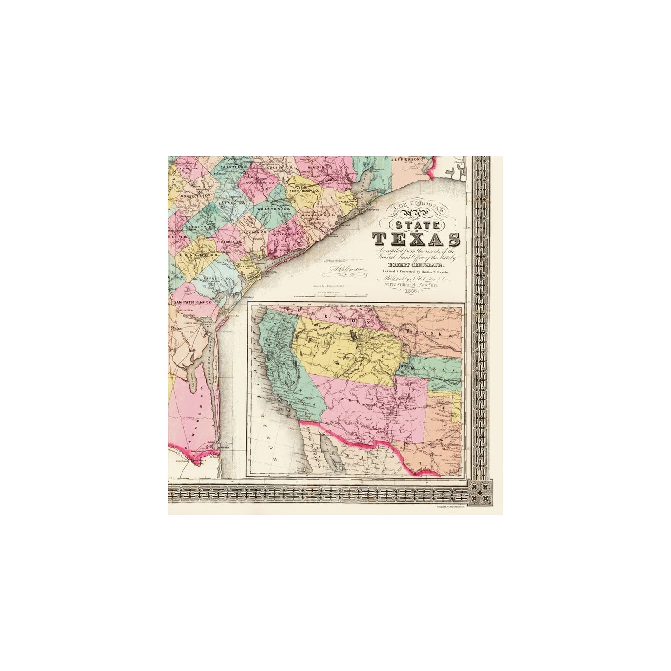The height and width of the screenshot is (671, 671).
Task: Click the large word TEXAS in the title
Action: pos(417,239)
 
